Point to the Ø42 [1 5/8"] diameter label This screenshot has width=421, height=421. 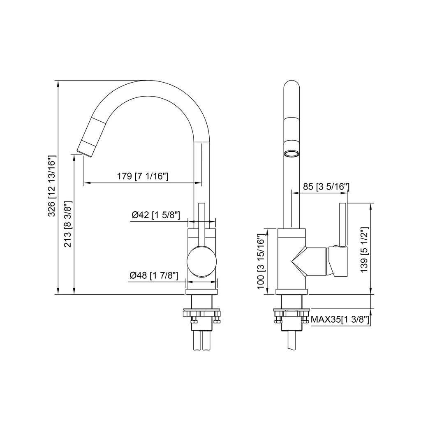pyautogui.click(x=156, y=215)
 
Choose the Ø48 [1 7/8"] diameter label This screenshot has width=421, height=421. pyautogui.click(x=154, y=275)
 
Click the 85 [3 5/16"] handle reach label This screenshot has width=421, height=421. pyautogui.click(x=326, y=187)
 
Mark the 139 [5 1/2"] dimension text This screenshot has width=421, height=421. pyautogui.click(x=363, y=248)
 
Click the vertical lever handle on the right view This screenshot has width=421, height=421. pyautogui.click(x=342, y=224)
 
